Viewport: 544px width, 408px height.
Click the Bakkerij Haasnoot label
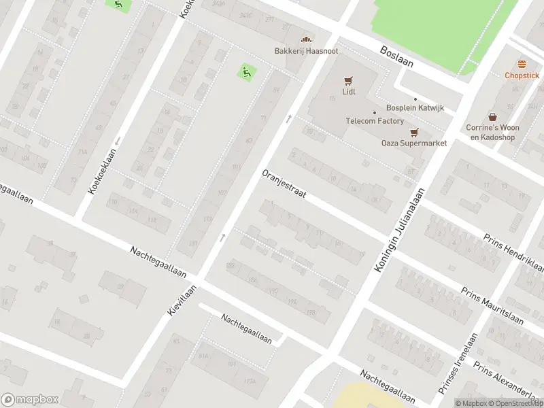click(x=306, y=51)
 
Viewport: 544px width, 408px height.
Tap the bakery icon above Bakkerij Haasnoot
click(x=306, y=39)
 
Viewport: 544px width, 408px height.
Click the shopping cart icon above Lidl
click(x=348, y=80)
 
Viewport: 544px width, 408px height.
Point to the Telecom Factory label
click(x=375, y=121)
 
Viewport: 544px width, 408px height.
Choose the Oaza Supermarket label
click(x=413, y=143)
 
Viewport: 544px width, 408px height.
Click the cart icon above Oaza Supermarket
click(x=413, y=132)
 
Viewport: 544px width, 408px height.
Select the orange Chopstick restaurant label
click(x=522, y=75)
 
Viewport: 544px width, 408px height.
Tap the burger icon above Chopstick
click(x=522, y=64)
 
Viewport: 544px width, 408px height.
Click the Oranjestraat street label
click(x=284, y=184)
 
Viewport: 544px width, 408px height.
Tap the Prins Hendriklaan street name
click(x=513, y=251)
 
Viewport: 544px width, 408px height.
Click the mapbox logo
click(x=30, y=400)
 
